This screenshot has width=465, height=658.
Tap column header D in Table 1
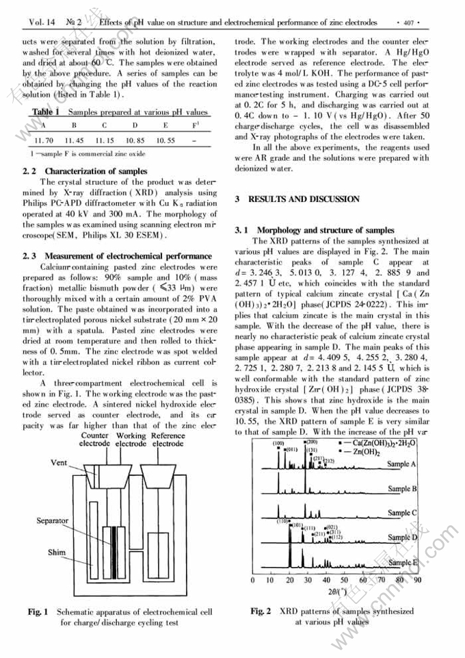click(135, 126)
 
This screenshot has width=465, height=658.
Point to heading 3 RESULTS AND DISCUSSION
click(297, 199)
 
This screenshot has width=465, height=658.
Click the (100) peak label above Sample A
click(278, 444)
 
